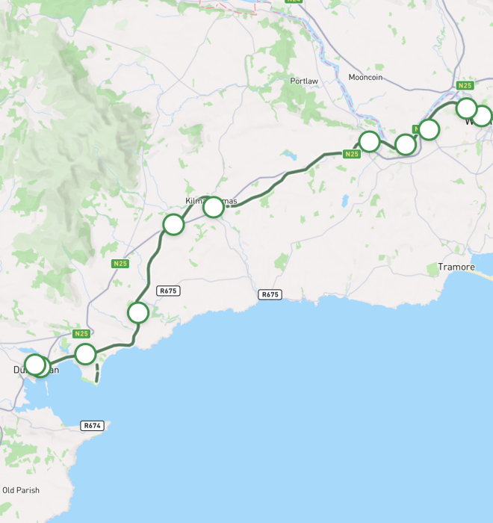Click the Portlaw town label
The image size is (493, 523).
coord(305,81)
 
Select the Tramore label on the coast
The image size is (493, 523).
coord(456,267)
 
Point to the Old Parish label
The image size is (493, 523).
coord(20,490)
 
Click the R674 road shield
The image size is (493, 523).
coord(91,425)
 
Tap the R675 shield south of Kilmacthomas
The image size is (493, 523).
coord(169,290)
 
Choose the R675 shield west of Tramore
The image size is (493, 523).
coord(270,294)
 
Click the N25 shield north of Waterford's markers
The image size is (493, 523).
coord(465,85)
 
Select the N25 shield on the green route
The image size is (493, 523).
coord(352,154)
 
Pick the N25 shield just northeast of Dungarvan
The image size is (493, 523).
coord(82,333)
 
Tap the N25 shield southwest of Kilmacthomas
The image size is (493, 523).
coord(120,264)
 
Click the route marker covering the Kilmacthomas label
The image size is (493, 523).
coord(214,207)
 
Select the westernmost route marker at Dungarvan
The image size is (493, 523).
coord(34,365)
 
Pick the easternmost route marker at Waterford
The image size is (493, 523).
coord(482,116)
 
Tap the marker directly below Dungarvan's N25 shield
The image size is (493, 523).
coord(85,353)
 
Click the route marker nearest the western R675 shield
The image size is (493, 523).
coord(138,312)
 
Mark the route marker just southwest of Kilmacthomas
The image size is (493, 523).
coord(173,224)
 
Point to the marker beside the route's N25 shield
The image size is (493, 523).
coord(369,140)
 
